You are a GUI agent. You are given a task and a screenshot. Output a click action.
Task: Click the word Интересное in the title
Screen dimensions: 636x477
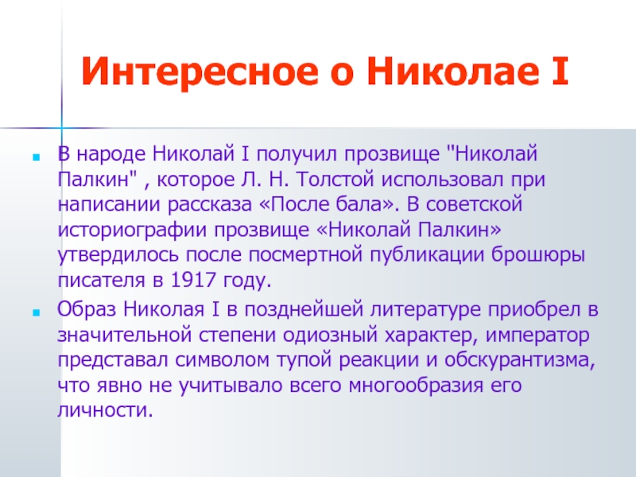[200, 71]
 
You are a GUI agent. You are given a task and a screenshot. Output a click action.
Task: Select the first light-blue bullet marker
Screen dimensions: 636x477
[37, 157]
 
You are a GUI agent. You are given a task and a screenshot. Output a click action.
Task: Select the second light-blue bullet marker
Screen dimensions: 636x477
[37, 312]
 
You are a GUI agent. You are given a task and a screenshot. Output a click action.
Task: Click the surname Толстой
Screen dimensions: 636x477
[335, 180]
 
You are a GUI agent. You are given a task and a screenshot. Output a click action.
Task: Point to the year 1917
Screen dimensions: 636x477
[193, 280]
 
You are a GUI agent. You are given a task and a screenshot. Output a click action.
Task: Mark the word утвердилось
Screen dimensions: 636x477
[118, 255]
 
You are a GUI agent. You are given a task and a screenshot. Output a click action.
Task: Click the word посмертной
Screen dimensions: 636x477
[305, 255]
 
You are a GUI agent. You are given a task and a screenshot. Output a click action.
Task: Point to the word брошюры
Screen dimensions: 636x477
[538, 255]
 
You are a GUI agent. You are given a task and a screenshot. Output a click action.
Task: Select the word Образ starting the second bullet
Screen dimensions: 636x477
[87, 309]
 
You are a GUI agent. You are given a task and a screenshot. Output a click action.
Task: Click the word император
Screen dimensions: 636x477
[537, 335]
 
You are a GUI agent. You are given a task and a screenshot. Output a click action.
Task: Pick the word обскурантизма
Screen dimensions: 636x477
[520, 360]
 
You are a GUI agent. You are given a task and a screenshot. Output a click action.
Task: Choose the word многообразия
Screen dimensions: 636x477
[416, 386]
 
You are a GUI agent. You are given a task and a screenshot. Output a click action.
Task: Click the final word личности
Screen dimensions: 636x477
[106, 410]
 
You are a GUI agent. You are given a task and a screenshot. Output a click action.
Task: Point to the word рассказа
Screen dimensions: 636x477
[210, 204]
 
